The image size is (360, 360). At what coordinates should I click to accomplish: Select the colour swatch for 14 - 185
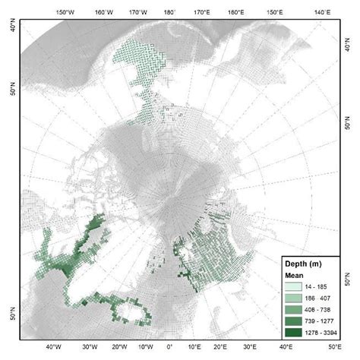tap(295, 286)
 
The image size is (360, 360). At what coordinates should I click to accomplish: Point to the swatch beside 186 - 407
tap(295, 297)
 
